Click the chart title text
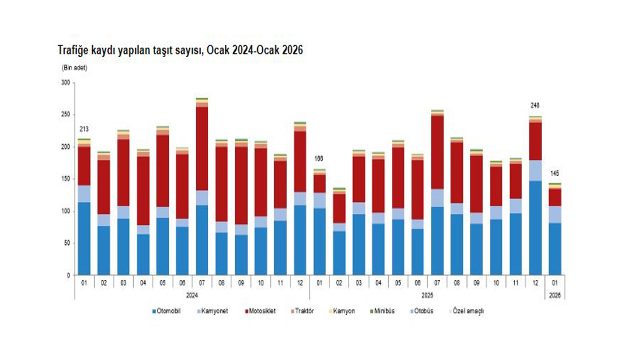180,50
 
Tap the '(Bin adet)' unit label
74,67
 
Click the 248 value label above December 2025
535,106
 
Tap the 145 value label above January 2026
554,173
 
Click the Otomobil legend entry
167,311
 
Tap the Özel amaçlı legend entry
468,311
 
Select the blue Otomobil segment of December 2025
535,227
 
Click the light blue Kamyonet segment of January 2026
554,214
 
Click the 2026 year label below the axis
554,295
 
